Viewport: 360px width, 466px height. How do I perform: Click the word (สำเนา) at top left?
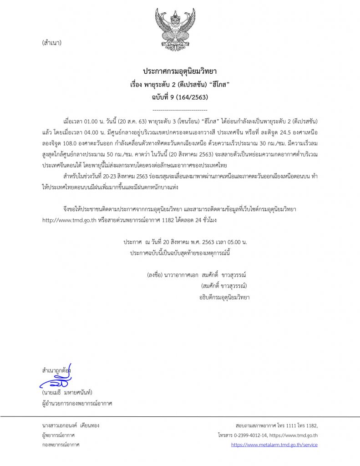tap(51, 43)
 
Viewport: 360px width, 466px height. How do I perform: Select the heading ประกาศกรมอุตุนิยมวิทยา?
tap(180, 72)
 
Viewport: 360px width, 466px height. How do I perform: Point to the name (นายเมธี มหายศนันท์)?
tap(67, 393)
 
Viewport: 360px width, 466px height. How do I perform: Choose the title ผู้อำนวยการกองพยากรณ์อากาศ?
tap(76, 403)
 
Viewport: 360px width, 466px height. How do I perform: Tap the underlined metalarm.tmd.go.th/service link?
tap(274, 445)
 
